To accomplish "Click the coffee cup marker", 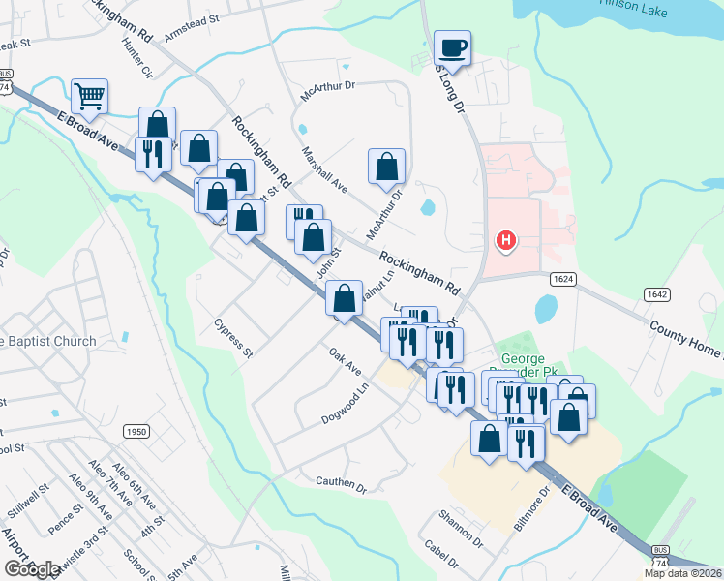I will [x=452, y=46].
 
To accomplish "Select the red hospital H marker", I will [x=504, y=240].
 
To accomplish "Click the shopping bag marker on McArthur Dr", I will [x=386, y=166].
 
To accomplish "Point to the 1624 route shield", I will [x=563, y=279].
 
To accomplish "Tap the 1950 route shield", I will [x=136, y=431].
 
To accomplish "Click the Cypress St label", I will [x=234, y=338].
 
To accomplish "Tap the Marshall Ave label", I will [x=323, y=168].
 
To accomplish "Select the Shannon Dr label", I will [x=460, y=526].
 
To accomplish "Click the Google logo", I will [x=32, y=569].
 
